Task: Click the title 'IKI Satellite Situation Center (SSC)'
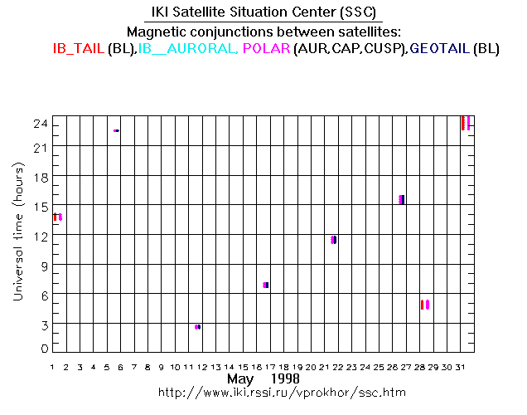coord(263,12)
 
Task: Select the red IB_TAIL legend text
coord(78,49)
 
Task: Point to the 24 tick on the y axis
coord(40,124)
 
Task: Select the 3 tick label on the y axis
coord(43,323)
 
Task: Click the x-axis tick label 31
coord(462,366)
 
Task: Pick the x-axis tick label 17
coord(271,366)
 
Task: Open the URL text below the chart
coord(263,391)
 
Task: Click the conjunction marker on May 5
coord(117,130)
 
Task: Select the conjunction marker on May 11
coord(197,327)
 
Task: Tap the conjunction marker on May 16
coord(266,285)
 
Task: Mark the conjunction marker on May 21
coord(333,240)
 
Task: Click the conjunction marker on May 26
coord(402,199)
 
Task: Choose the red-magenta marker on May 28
coord(424,305)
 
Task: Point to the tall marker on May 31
coord(466,123)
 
